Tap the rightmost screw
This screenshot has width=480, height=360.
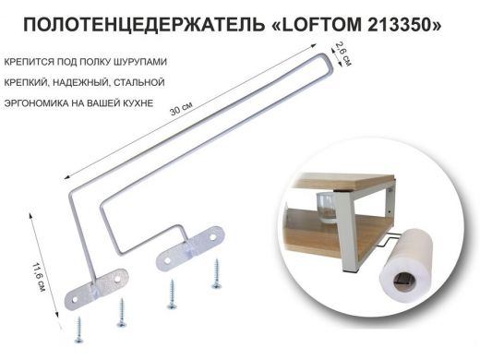218,273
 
